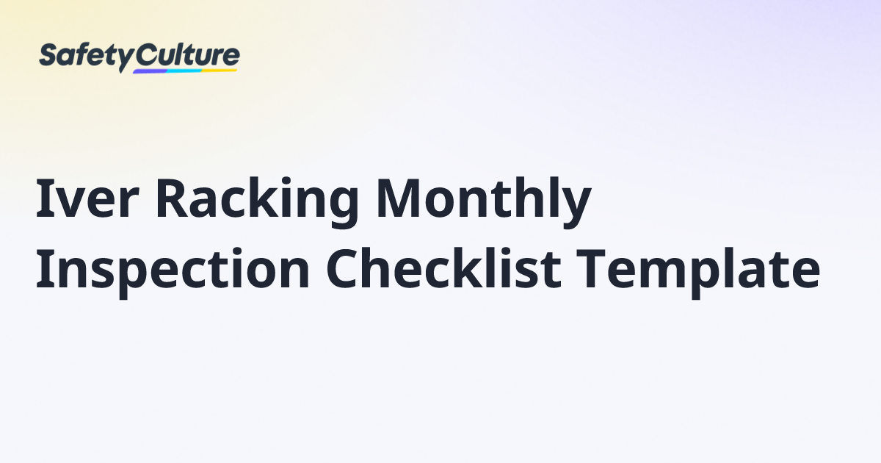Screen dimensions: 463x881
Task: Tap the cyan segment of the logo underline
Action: point(184,71)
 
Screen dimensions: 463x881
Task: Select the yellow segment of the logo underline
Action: point(220,71)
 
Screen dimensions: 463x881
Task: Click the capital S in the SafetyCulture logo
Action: point(48,56)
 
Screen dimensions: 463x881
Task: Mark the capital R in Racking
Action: point(172,200)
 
